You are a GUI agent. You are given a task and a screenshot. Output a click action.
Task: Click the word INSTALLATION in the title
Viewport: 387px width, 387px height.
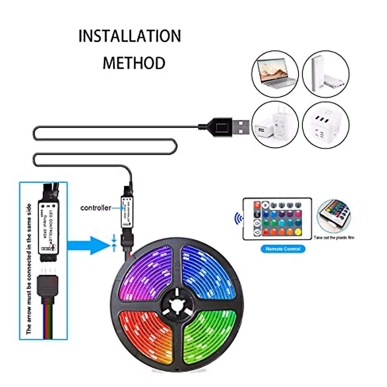130,36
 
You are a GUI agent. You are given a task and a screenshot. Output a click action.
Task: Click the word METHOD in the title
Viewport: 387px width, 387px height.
134,63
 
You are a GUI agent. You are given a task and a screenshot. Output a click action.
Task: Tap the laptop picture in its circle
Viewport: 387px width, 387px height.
275,74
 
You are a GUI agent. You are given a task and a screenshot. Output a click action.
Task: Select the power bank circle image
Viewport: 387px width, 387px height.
326,74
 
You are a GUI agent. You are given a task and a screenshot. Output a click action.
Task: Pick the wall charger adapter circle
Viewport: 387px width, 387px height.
275,124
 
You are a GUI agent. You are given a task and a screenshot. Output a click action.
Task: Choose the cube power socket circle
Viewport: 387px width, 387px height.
326,124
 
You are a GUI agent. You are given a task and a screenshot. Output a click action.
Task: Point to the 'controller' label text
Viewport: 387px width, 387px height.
95,208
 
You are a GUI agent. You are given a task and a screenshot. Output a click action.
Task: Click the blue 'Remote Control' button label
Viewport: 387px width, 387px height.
283,249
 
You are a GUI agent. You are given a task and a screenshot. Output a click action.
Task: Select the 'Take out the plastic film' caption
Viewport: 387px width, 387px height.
334,238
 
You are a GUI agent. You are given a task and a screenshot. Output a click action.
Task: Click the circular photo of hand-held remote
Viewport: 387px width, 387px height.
334,215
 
